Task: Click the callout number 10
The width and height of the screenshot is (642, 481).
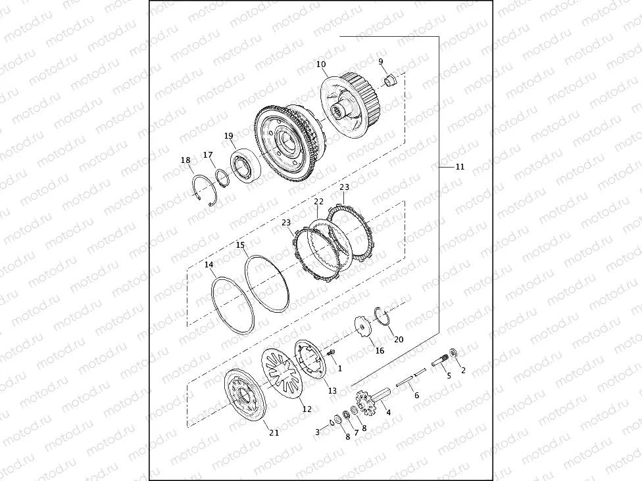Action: pos(321,64)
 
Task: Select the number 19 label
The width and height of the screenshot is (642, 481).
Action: pos(229,136)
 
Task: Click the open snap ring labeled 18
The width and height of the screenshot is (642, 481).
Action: pos(204,191)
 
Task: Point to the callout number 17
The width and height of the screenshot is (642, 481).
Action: pos(208,155)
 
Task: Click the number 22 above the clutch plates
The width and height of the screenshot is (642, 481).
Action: pos(318,202)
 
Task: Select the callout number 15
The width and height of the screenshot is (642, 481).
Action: pos(241,245)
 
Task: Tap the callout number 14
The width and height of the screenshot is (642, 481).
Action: pos(209,265)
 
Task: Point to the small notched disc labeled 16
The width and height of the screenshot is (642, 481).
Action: pos(362,326)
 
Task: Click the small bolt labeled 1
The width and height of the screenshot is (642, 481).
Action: pos(332,355)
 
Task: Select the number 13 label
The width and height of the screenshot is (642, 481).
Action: pos(332,390)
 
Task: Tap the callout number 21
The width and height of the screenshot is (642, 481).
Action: pos(274,432)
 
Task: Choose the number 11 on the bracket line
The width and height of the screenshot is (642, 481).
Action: pos(460,167)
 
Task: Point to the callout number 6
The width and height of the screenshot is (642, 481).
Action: pos(416,396)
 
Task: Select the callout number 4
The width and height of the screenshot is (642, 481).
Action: pos(388,412)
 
